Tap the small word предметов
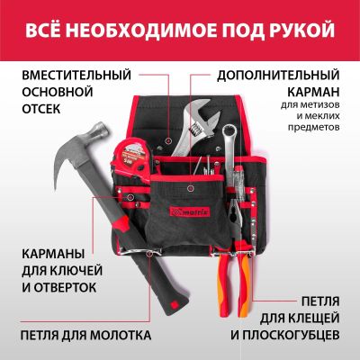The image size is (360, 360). click(x=314, y=127)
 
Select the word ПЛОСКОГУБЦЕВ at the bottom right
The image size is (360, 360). click(x=286, y=335)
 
